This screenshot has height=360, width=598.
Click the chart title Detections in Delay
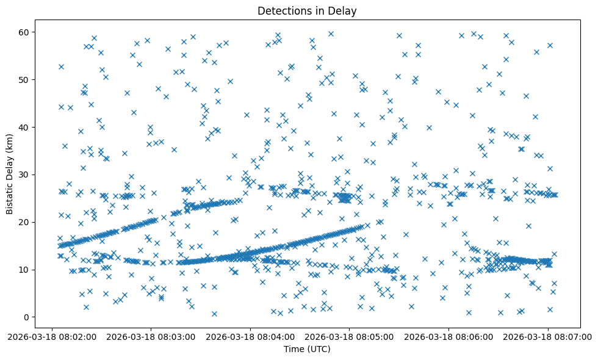tap(307, 10)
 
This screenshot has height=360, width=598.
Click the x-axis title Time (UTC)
tap(307, 349)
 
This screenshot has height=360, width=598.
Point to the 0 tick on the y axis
tap(27, 317)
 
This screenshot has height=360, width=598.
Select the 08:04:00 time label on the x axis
tap(250, 336)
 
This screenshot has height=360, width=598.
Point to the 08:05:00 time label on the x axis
tap(350, 336)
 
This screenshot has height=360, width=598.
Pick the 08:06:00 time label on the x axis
tap(449, 336)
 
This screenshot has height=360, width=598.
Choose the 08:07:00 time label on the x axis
tap(548, 336)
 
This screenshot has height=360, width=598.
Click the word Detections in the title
tap(284, 10)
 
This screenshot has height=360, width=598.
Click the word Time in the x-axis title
tap(294, 349)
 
